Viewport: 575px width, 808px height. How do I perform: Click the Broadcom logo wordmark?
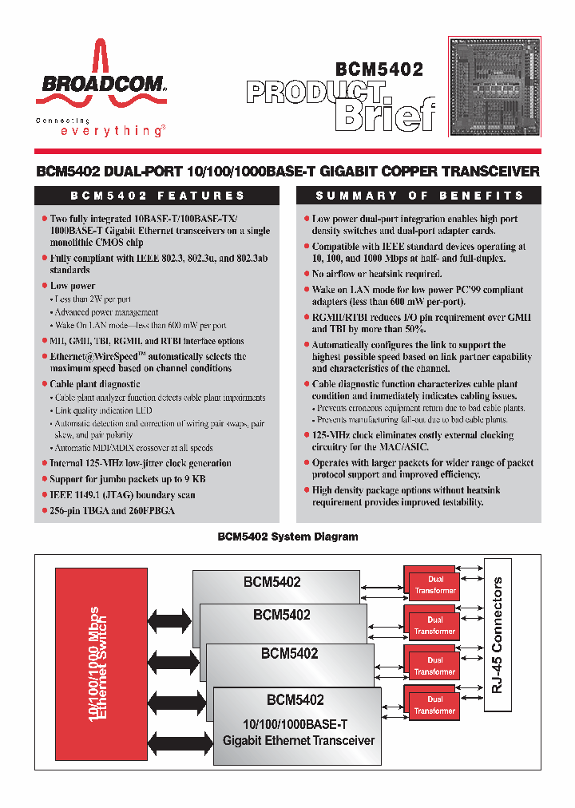pyautogui.click(x=101, y=83)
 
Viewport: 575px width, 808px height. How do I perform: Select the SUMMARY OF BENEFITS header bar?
pyautogui.click(x=419, y=196)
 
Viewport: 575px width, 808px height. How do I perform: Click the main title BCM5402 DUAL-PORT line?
pyautogui.click(x=287, y=172)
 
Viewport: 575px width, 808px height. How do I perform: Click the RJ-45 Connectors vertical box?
pyautogui.click(x=497, y=636)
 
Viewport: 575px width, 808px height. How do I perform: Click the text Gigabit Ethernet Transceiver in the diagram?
pyautogui.click(x=298, y=740)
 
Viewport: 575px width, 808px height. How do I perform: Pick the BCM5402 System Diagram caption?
pyautogui.click(x=287, y=537)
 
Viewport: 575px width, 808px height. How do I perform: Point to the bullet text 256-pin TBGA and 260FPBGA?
pyautogui.click(x=112, y=510)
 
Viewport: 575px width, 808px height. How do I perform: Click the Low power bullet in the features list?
pyautogui.click(x=73, y=285)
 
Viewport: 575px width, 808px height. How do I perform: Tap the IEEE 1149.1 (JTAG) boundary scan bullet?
pyautogui.click(x=122, y=494)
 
